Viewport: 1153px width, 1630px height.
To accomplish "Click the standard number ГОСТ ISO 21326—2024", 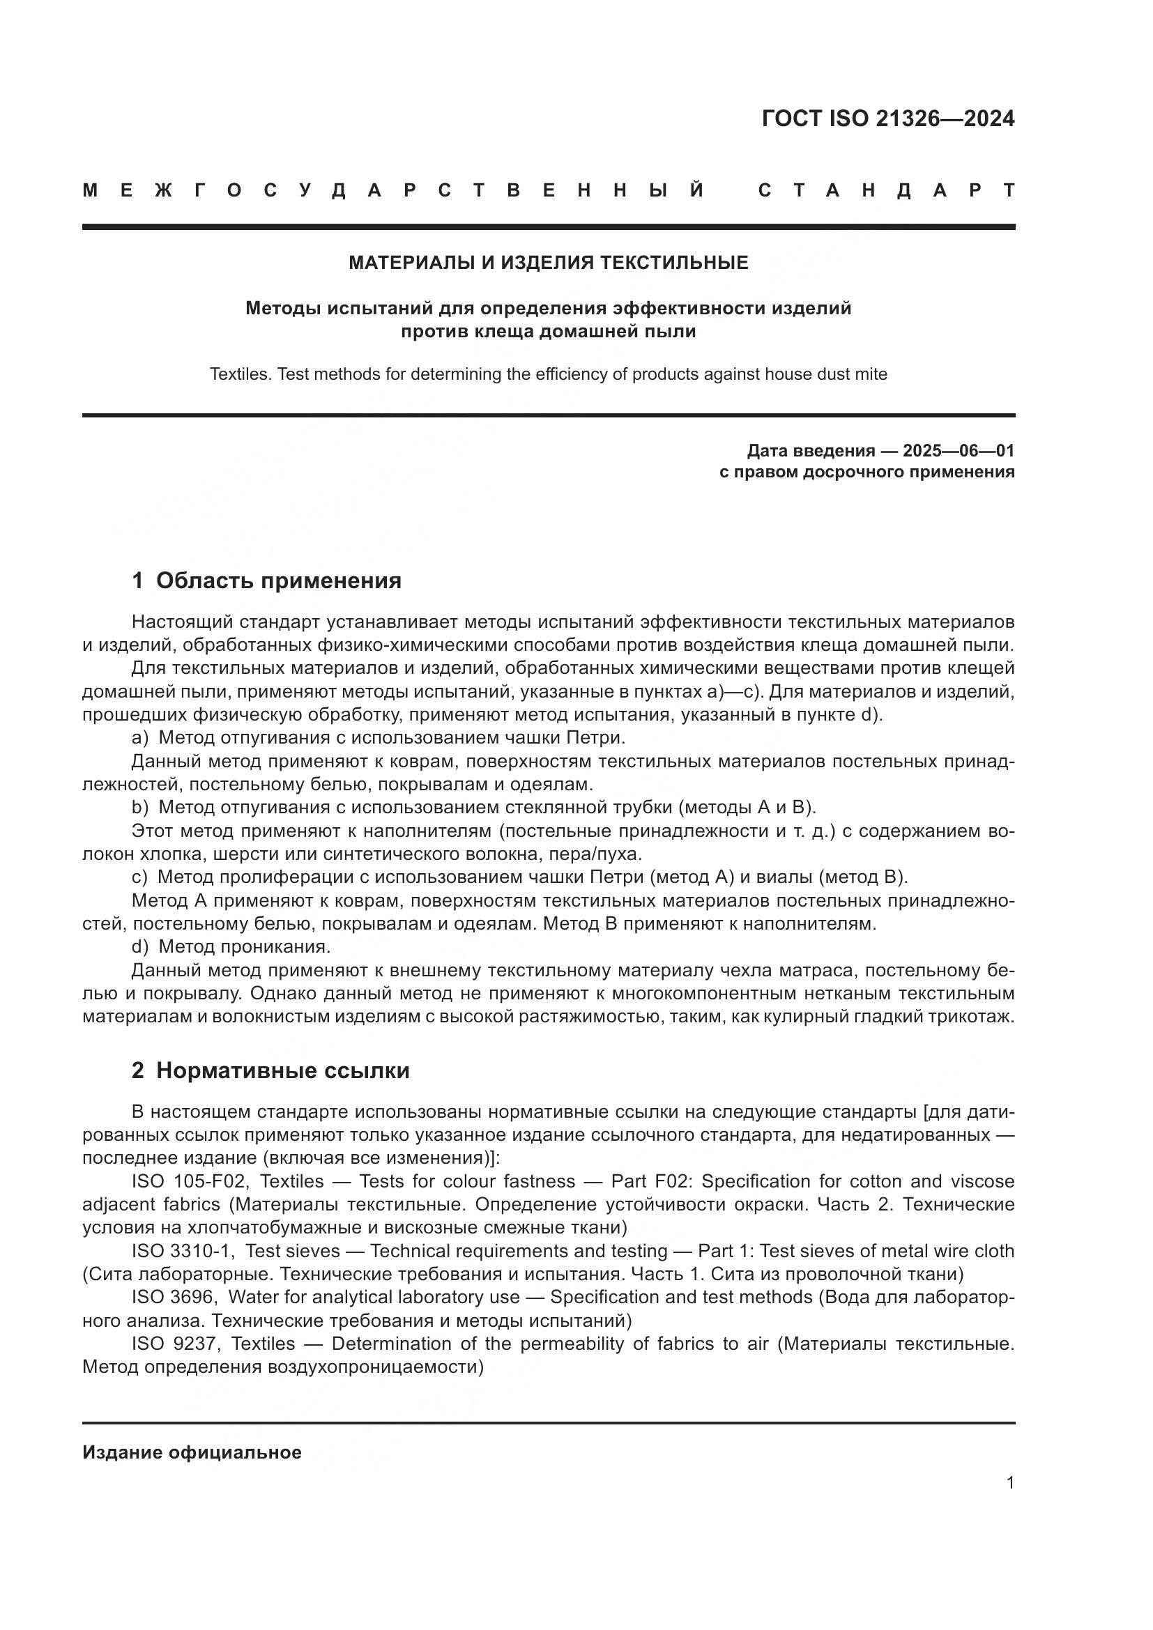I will pos(887,118).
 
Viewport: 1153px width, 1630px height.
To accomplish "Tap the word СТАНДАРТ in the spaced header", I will pos(886,191).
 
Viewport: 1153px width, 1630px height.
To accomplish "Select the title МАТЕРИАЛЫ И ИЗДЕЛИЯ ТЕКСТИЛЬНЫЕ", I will pos(548,263).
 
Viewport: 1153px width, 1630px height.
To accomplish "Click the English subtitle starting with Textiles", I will pos(548,374).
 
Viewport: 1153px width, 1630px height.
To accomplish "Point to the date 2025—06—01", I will pos(959,451).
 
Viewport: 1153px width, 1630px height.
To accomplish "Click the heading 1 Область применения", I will pos(266,581).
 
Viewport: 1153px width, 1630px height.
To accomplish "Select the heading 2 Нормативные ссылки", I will pos(270,1070).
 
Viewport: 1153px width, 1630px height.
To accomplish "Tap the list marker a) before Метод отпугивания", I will pos(140,738).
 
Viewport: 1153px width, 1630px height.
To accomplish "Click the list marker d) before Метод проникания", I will pos(140,947).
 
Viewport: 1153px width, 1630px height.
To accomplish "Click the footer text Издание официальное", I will pos(192,1452).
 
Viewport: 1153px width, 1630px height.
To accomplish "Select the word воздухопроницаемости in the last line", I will pos(375,1367).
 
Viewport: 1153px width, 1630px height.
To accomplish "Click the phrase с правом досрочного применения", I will pos(866,472).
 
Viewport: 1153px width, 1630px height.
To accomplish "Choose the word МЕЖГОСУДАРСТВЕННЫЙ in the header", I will pos(394,191).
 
